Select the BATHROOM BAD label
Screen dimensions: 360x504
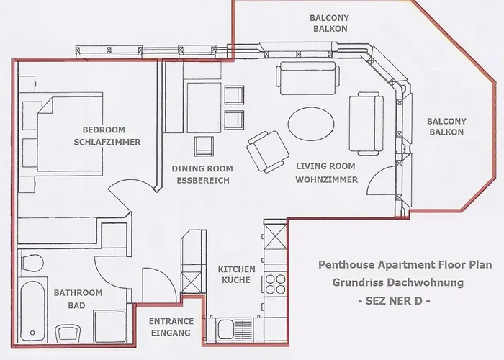[78, 300]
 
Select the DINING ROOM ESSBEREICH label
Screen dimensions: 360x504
[201, 174]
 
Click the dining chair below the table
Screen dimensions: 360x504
[204, 147]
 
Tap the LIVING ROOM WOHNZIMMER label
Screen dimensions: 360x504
[326, 173]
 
